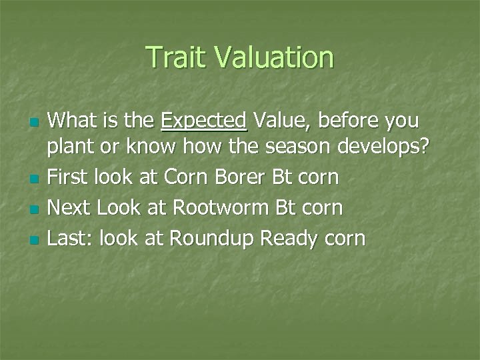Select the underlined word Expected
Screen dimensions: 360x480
204,121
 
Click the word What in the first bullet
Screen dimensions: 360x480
74,121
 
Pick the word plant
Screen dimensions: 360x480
71,147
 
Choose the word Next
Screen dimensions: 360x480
71,208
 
